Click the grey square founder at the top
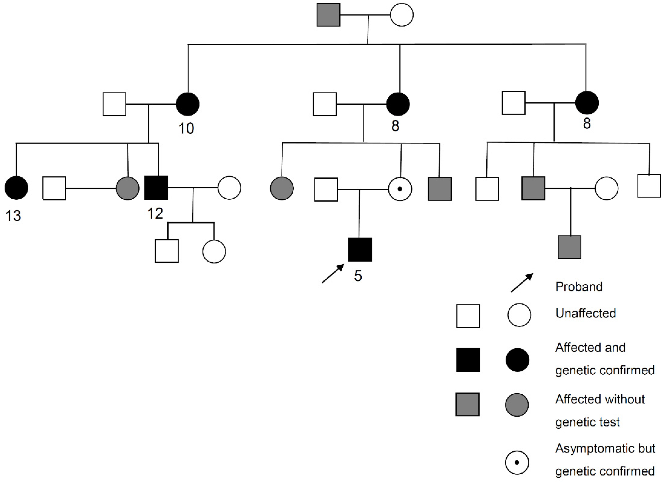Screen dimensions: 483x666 [x=328, y=15]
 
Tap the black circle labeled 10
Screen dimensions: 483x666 [x=188, y=104]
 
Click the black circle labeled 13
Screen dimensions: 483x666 [x=16, y=188]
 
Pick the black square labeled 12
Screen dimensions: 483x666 [x=156, y=188]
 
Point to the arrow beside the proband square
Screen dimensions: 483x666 [x=333, y=273]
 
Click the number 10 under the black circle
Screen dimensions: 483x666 [x=186, y=128]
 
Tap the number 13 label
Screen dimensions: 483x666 [x=13, y=216]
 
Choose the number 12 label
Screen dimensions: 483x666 [x=155, y=214]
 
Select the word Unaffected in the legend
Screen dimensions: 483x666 [x=585, y=313]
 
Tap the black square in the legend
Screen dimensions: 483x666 [x=468, y=360]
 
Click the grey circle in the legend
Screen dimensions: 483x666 [x=517, y=405]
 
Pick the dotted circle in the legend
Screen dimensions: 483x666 [x=517, y=462]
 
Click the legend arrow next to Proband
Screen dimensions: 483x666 [x=522, y=283]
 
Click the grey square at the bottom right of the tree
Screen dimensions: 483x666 [x=569, y=247]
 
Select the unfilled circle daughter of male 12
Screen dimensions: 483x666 [x=214, y=251]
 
